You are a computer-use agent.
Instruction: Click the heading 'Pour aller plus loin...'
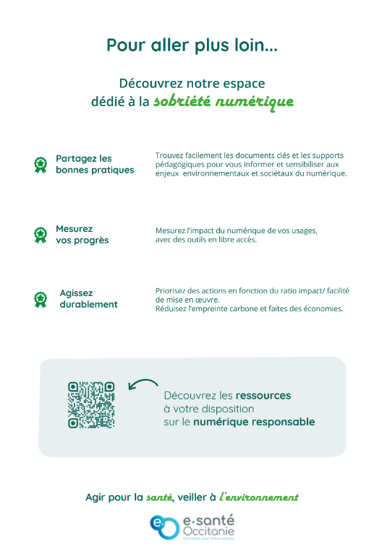pyautogui.click(x=192, y=45)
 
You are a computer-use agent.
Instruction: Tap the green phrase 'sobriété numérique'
pyautogui.click(x=224, y=101)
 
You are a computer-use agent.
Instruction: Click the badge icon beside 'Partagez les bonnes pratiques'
pyautogui.click(x=41, y=165)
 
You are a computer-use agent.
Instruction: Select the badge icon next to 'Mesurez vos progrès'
pyautogui.click(x=41, y=235)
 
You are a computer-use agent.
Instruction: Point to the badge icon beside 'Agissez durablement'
pyautogui.click(x=41, y=299)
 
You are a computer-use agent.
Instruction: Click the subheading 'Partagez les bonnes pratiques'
pyautogui.click(x=95, y=164)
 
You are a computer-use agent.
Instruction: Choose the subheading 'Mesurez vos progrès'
pyautogui.click(x=82, y=235)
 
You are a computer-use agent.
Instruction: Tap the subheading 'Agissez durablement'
pyautogui.click(x=88, y=299)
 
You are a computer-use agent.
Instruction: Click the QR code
pyautogui.click(x=91, y=405)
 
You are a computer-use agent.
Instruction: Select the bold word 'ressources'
pyautogui.click(x=263, y=396)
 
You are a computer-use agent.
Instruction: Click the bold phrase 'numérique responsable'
pyautogui.click(x=254, y=422)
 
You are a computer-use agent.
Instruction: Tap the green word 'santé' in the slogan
pyautogui.click(x=159, y=498)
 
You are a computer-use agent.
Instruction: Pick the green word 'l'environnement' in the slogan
pyautogui.click(x=259, y=498)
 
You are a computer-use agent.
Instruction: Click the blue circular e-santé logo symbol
pyautogui.click(x=163, y=526)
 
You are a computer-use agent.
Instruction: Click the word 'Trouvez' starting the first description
pyautogui.click(x=169, y=155)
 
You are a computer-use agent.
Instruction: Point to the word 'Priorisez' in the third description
pyautogui.click(x=171, y=290)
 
